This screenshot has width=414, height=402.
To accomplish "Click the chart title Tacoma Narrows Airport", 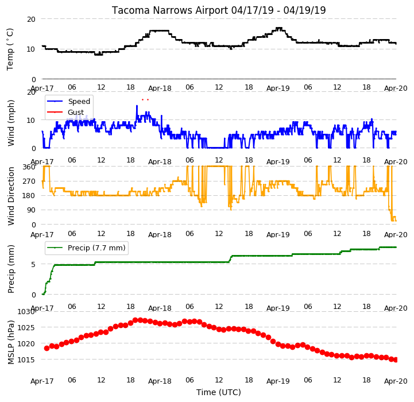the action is click(x=169, y=10).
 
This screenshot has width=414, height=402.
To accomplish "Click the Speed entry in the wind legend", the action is click(x=79, y=102).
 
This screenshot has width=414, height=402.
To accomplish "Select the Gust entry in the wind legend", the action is click(x=76, y=112).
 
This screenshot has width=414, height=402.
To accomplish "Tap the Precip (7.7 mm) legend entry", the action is click(x=96, y=248).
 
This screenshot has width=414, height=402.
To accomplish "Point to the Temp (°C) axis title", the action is click(x=10, y=49).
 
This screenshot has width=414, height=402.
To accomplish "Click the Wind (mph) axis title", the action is click(x=11, y=123).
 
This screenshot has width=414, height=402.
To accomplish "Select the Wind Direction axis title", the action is click(x=11, y=196).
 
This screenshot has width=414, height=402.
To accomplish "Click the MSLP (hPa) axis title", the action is click(x=11, y=342).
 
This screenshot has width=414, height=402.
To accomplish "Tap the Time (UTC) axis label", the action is click(x=219, y=392).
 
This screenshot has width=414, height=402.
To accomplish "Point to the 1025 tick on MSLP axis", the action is click(x=26, y=328).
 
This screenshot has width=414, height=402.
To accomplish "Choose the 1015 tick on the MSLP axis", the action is click(x=26, y=360).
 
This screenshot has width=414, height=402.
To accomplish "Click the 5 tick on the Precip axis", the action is click(x=33, y=264).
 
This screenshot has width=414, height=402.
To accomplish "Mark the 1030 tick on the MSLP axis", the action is click(x=26, y=312).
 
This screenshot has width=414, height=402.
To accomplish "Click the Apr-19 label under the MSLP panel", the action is click(x=278, y=381).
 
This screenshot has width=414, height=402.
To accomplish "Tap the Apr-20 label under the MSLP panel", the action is click(x=396, y=381).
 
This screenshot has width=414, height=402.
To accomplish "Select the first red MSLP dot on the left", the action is click(x=47, y=348).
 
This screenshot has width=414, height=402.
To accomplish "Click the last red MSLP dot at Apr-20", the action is click(x=396, y=360).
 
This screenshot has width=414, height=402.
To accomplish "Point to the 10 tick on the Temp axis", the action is click(x=31, y=49).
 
